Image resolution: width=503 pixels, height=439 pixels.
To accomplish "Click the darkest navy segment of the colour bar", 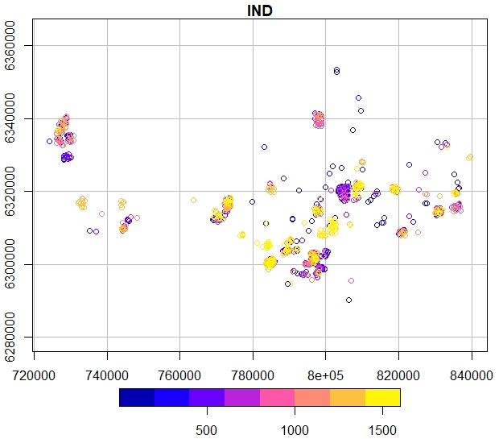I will [x=137, y=397].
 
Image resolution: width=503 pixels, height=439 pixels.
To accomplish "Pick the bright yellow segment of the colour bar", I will [x=383, y=397].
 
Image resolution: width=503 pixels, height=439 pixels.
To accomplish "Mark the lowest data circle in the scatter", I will [x=348, y=300].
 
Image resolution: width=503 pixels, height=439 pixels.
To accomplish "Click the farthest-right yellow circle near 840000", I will [x=470, y=157].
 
